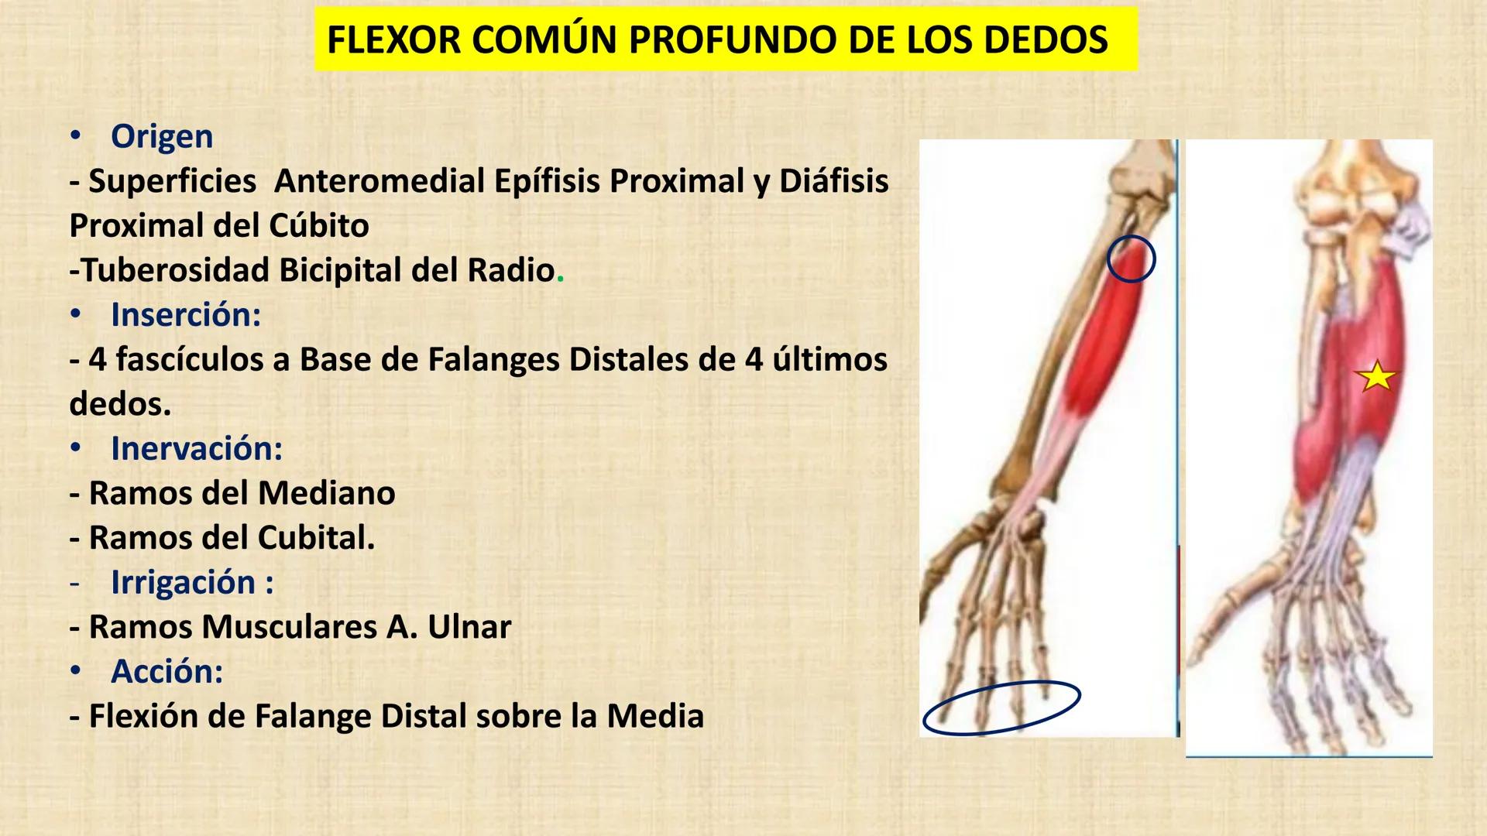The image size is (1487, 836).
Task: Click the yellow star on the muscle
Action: click(x=1376, y=377)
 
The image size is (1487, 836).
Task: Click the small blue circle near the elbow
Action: click(x=1131, y=259)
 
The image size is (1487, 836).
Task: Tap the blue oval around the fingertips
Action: click(x=1001, y=707)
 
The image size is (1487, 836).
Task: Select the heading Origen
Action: click(x=162, y=136)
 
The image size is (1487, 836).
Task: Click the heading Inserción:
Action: click(x=186, y=315)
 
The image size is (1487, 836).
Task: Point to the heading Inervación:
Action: click(x=197, y=449)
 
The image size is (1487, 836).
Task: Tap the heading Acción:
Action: click(x=167, y=671)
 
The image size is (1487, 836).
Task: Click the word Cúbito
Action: click(x=319, y=225)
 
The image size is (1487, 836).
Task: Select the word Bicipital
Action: click(x=342, y=270)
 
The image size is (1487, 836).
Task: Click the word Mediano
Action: click(x=326, y=493)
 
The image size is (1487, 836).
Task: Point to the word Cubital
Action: click(x=316, y=538)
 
